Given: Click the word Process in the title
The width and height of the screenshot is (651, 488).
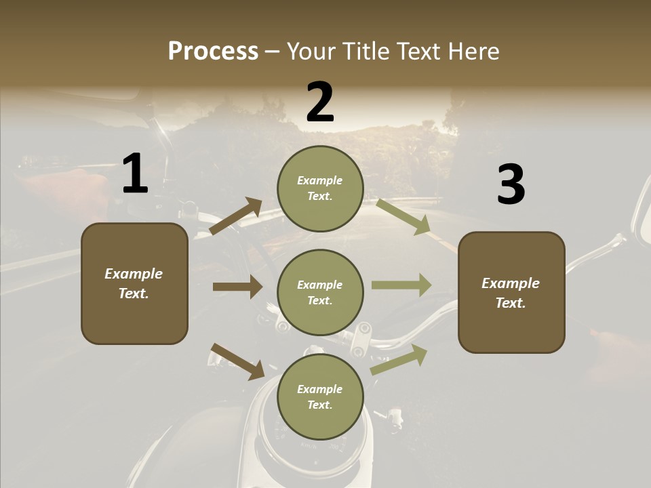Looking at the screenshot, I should pyautogui.click(x=213, y=52).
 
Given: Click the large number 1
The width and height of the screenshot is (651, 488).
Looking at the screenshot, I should pyautogui.click(x=135, y=174).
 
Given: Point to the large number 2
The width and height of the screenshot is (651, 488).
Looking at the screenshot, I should pyautogui.click(x=320, y=102).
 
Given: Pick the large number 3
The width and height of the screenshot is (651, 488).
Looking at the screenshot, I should pyautogui.click(x=511, y=185).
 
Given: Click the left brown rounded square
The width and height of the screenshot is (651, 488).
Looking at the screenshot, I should pyautogui.click(x=134, y=283).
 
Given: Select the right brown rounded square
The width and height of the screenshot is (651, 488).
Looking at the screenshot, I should pyautogui.click(x=511, y=293).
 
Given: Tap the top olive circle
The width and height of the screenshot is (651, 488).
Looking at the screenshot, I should pyautogui.click(x=320, y=188).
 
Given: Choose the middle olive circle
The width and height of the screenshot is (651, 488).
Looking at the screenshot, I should pyautogui.click(x=320, y=293).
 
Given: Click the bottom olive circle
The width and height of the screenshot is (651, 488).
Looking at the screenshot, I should pyautogui.click(x=320, y=397).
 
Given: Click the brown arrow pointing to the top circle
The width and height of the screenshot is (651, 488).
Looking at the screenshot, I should pyautogui.click(x=236, y=216).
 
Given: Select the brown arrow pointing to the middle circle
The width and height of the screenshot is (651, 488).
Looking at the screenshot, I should pyautogui.click(x=237, y=287).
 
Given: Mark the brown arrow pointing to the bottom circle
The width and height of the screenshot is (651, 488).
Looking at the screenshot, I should pyautogui.click(x=237, y=361).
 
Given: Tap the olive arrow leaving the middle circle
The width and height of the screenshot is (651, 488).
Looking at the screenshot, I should pyautogui.click(x=401, y=285).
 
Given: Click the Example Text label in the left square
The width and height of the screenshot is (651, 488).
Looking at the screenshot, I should pyautogui.click(x=134, y=283).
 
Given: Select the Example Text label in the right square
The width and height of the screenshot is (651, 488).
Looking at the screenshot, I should pyautogui.click(x=511, y=293).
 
